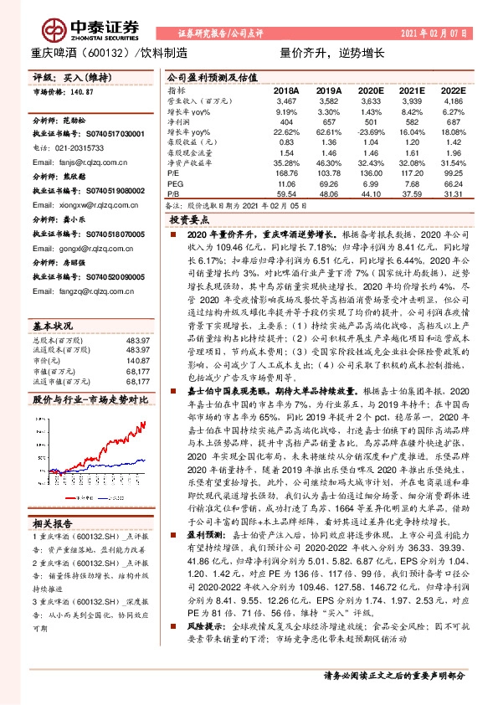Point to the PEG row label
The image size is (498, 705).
pos(174,182)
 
